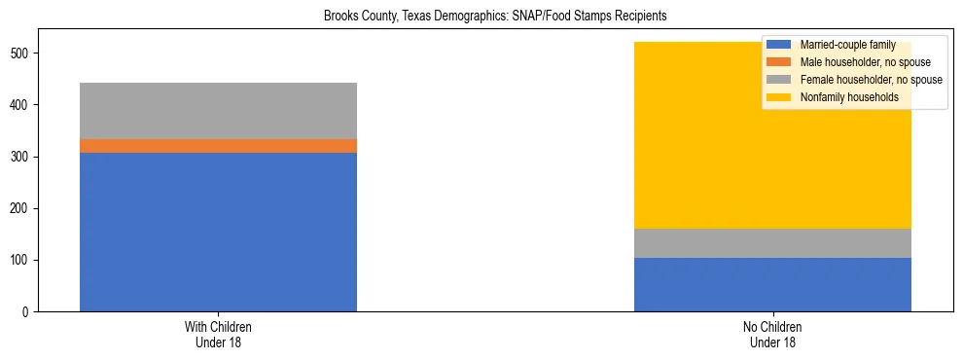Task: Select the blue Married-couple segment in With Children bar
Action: pyautogui.click(x=218, y=232)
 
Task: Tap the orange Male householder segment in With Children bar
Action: pyautogui.click(x=218, y=146)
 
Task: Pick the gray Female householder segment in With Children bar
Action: pyautogui.click(x=218, y=111)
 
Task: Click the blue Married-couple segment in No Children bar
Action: pyautogui.click(x=772, y=284)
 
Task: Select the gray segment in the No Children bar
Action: pyautogui.click(x=772, y=243)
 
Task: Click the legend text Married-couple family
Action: pyautogui.click(x=847, y=45)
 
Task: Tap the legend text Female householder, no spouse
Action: pyautogui.click(x=871, y=80)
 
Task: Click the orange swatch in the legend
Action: pyautogui.click(x=780, y=62)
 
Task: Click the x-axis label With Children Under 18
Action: pyautogui.click(x=218, y=335)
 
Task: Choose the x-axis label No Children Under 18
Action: pyautogui.click(x=772, y=335)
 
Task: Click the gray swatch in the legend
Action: pyautogui.click(x=780, y=80)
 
